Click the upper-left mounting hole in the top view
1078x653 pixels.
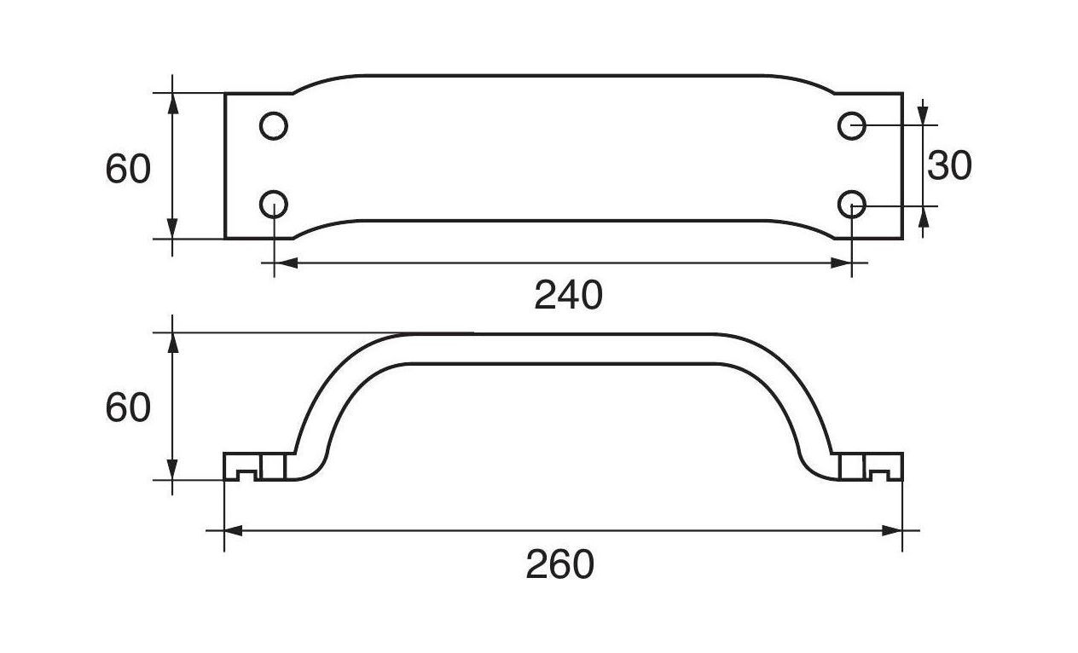273,126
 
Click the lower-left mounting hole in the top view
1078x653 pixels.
273,205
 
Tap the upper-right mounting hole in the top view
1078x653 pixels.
852,126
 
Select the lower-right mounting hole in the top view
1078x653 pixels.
852,205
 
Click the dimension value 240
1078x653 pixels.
568,296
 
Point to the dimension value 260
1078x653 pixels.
559,564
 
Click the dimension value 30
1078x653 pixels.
949,166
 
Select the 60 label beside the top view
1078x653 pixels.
128,170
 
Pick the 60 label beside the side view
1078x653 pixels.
128,408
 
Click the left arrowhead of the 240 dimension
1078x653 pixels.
284,263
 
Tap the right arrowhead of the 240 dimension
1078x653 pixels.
842,263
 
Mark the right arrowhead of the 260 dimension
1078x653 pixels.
892,531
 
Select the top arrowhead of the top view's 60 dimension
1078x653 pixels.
173,102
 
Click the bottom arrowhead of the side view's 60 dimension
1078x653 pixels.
173,470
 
